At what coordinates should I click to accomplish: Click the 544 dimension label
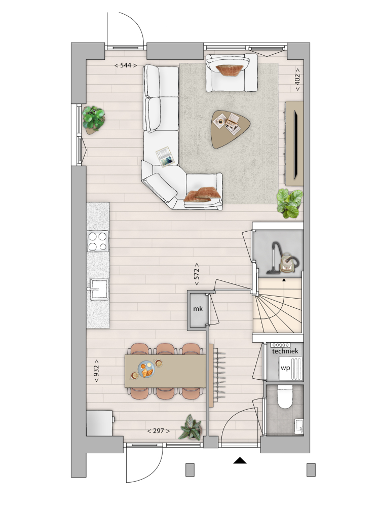click(x=126, y=65)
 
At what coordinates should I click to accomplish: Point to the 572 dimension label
click(x=197, y=274)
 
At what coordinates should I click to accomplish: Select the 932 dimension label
click(x=96, y=371)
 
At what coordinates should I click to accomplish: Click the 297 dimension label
click(x=158, y=431)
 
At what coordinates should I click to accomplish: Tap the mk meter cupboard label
click(x=198, y=309)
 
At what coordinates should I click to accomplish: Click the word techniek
click(x=285, y=351)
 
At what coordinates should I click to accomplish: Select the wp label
click(x=285, y=368)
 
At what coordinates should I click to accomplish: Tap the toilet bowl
click(x=285, y=397)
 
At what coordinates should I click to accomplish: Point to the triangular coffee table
click(x=230, y=129)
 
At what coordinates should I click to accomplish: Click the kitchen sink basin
click(x=99, y=289)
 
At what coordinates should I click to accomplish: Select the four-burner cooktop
click(x=98, y=241)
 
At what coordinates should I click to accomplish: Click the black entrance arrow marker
click(x=240, y=460)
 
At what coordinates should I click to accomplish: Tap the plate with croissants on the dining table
click(x=146, y=369)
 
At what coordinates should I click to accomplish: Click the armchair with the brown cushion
click(x=232, y=73)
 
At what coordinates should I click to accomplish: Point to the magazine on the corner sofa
click(x=165, y=157)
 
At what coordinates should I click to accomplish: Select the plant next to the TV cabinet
click(x=290, y=203)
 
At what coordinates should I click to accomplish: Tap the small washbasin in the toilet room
click(x=299, y=426)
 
